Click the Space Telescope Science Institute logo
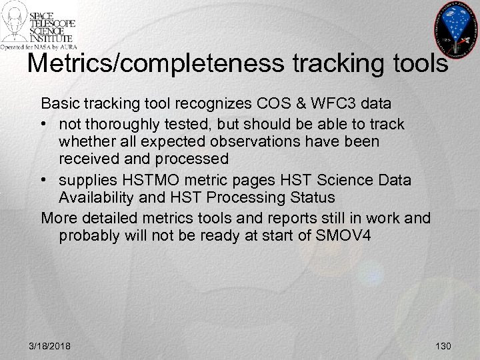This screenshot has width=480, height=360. coord(38,25)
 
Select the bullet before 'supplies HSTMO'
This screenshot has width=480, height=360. coord(45,180)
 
